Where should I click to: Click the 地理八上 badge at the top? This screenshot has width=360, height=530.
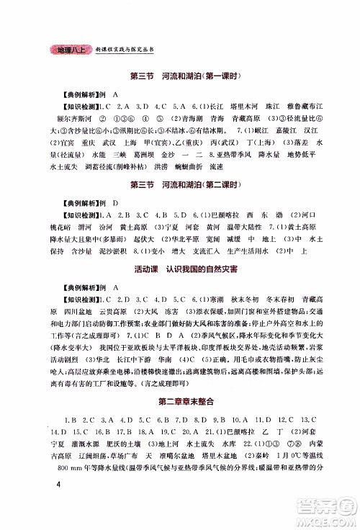67,51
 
